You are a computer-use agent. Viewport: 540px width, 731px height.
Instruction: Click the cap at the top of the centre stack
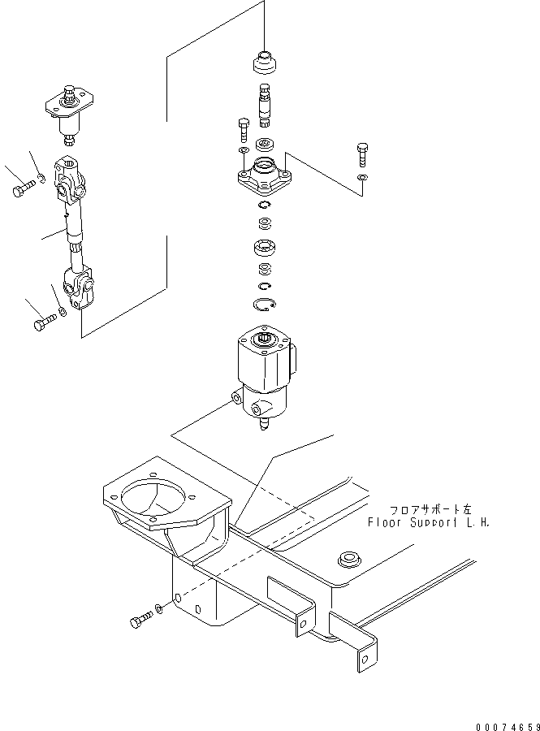coord(265,63)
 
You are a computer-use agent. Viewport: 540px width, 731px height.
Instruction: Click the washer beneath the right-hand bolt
coord(362,178)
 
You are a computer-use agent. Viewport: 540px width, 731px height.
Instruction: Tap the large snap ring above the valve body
coord(264,305)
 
